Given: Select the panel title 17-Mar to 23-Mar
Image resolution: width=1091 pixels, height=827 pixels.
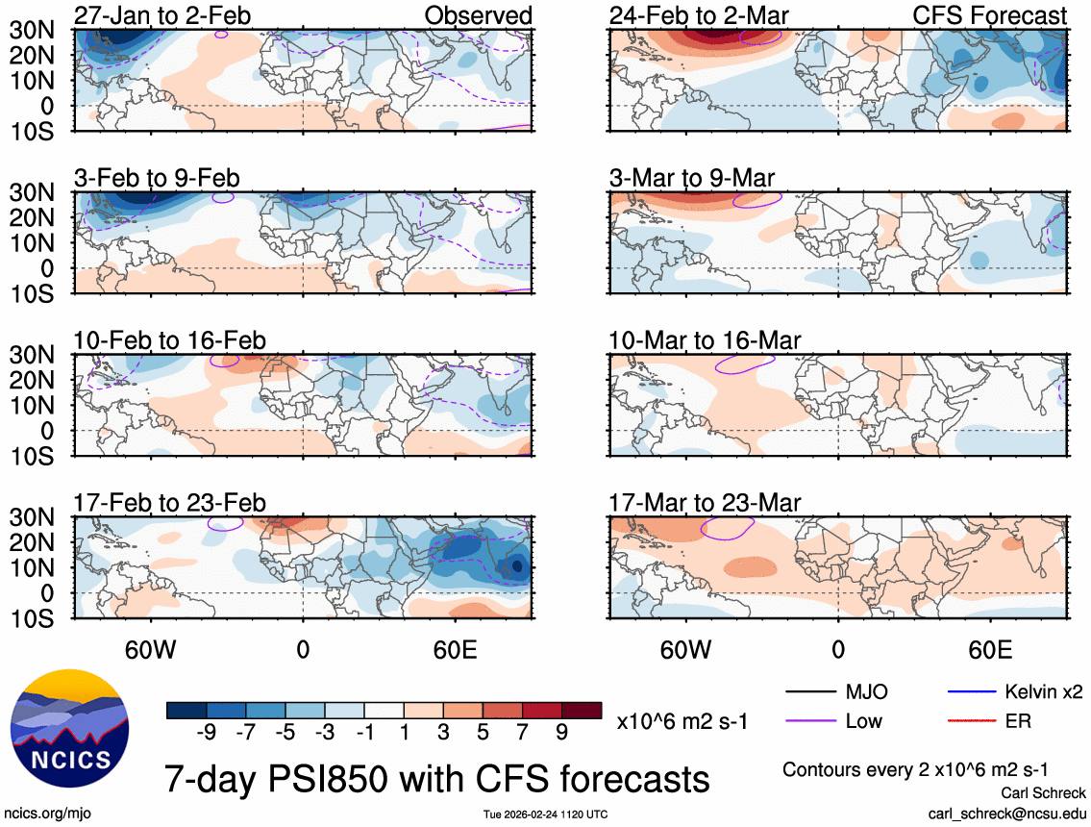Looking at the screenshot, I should (x=705, y=503).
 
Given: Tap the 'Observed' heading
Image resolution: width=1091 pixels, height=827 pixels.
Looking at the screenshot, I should (x=477, y=15).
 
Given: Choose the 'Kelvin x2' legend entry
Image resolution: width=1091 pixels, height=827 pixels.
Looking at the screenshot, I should (x=1044, y=691).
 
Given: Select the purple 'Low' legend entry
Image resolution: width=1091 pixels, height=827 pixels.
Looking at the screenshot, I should (x=861, y=720).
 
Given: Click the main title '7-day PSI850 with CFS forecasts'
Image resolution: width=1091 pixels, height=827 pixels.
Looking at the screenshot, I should (x=437, y=777).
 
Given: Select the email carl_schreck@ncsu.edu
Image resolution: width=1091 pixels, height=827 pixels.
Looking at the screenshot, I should (x=1006, y=814).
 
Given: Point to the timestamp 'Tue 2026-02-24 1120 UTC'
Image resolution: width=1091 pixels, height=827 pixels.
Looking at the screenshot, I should (x=545, y=814).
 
